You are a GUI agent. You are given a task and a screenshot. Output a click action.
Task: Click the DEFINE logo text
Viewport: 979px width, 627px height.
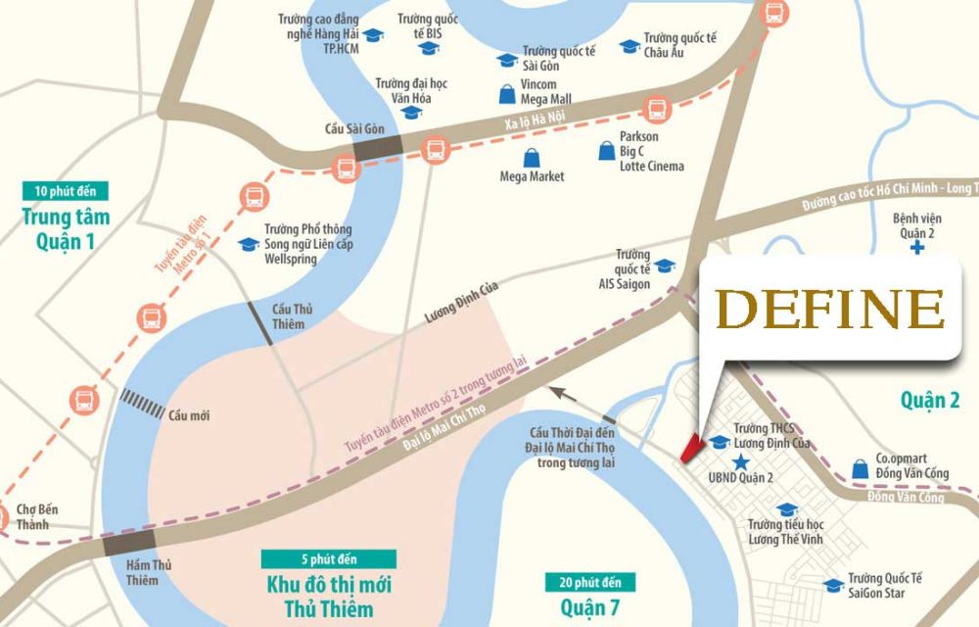(x=837, y=310)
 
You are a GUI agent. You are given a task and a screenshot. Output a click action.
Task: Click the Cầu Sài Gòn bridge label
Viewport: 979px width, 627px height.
(x=350, y=128)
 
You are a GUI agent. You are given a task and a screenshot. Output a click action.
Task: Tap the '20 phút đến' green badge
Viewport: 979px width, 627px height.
(x=583, y=583)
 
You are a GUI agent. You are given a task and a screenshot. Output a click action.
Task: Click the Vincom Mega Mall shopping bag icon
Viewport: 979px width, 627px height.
(x=505, y=95)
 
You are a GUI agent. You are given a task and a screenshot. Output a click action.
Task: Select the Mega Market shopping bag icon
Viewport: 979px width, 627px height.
(x=531, y=158)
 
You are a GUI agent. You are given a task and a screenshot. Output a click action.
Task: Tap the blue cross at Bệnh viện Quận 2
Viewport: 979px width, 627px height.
(x=916, y=249)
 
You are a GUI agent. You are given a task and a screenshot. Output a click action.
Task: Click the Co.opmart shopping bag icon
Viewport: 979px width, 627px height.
(x=860, y=468)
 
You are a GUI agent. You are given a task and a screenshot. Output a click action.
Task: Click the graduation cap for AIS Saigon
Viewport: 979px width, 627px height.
(x=664, y=265)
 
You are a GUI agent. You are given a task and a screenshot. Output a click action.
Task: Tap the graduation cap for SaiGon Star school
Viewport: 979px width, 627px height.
(x=833, y=586)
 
